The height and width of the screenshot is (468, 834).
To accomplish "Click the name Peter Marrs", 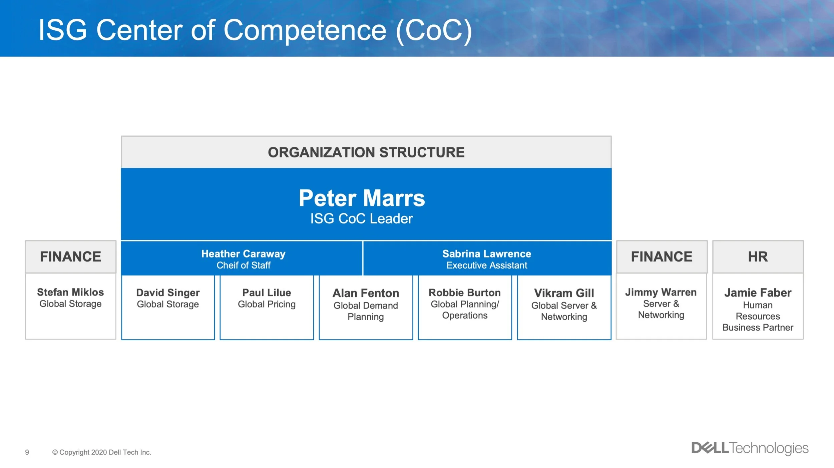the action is coord(362,198).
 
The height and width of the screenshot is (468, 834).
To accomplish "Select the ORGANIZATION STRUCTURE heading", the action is coord(366,152).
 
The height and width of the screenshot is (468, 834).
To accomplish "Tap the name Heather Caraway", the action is coord(243,254).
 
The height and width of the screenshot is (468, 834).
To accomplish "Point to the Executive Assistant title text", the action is coord(487,266).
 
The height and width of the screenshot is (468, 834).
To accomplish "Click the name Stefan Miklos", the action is coord(70,292).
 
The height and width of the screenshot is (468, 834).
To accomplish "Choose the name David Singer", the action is coord(168,293).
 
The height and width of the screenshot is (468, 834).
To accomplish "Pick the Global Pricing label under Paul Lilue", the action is coord(267,304).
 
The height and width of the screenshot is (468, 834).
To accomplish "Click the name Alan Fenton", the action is coord(366,293).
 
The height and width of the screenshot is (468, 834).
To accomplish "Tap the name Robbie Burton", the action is coord(464,293).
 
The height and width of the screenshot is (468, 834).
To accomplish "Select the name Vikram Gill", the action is coord(564,293).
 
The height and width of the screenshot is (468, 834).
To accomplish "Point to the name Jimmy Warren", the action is coord(661,293).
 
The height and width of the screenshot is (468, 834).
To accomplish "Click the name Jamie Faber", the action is coord(758,293).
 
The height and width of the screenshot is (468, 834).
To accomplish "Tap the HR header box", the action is coord(758,257).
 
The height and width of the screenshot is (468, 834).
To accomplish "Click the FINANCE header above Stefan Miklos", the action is coord(70,257).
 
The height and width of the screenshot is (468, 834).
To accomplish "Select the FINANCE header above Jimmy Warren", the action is coord(662,257).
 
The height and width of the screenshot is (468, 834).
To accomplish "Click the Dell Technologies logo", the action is coord(750,448).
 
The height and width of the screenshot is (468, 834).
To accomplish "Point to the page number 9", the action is coord(27,452).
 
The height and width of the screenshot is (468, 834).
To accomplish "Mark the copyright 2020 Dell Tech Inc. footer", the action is coord(102,452).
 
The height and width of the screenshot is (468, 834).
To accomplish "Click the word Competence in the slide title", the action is coord(305,31).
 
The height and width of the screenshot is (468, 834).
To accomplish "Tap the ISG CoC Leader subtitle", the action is coord(362,219).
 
